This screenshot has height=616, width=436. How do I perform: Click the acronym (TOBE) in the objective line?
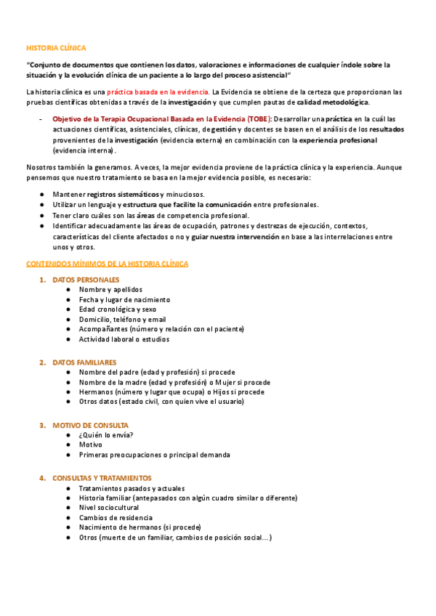tap(257, 118)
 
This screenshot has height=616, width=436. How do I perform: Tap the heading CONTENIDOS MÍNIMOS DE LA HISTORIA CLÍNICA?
tap(107, 263)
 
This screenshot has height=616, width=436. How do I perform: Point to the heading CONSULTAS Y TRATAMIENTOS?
tap(102, 478)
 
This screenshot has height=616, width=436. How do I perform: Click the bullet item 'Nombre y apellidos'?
tap(110, 290)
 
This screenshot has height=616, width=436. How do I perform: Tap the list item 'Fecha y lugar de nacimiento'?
tap(124, 299)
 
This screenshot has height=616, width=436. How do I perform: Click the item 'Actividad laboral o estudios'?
tap(124, 339)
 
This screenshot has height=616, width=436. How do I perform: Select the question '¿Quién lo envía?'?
tap(106, 435)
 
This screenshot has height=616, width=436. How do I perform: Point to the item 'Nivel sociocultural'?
tap(109, 508)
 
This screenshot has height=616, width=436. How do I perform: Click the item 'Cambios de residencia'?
tap(113, 518)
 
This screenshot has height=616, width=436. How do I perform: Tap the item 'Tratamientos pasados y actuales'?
tap(132, 488)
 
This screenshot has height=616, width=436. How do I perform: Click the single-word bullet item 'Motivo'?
tap(91, 445)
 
